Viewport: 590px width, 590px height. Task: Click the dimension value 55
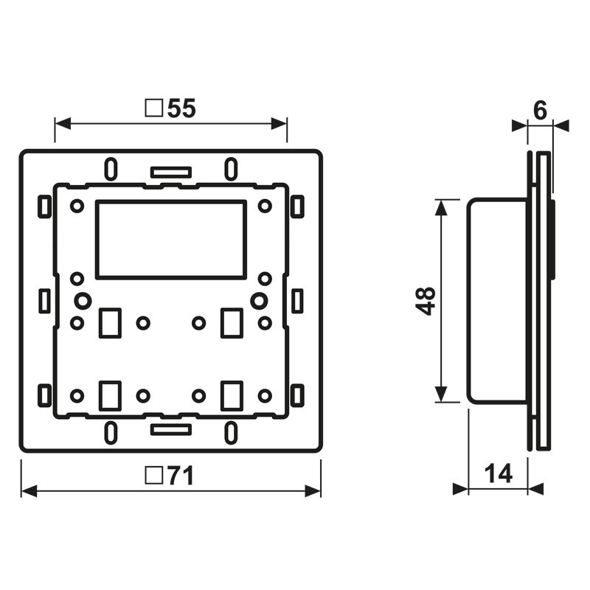click(181, 108)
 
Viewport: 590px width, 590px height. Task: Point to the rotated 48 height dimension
click(427, 301)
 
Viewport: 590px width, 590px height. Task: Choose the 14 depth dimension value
click(499, 473)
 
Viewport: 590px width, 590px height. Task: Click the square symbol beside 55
click(154, 109)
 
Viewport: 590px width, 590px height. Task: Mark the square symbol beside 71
click(154, 476)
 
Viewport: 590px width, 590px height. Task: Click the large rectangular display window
click(170, 239)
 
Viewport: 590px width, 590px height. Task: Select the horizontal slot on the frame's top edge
click(170, 173)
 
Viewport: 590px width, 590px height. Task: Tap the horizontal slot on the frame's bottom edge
click(170, 428)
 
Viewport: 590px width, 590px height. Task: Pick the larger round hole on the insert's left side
click(83, 300)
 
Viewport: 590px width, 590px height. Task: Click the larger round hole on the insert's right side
click(259, 300)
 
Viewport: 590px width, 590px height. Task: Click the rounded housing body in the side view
click(498, 301)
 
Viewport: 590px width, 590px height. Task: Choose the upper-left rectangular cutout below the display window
click(109, 322)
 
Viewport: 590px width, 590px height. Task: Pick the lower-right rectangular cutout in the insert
click(232, 395)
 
